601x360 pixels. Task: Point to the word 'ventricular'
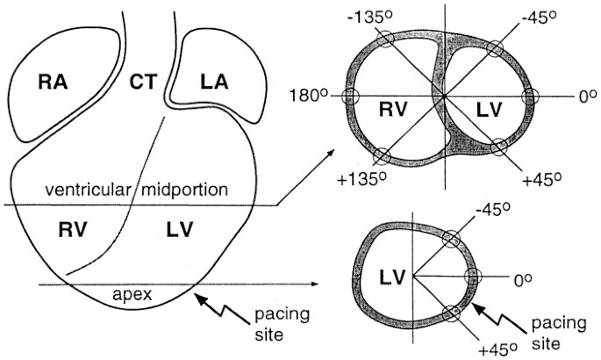(x=86, y=191)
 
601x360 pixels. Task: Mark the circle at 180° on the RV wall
(x=351, y=97)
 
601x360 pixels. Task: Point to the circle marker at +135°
(x=383, y=156)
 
